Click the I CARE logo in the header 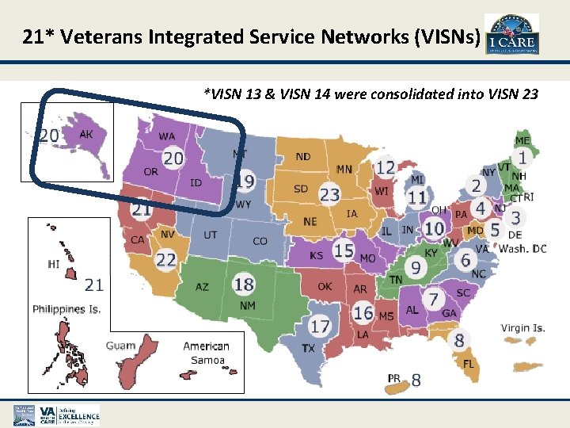[x=511, y=35]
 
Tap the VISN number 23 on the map [x=329, y=194]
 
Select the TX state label [x=309, y=348]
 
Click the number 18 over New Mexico [x=244, y=284]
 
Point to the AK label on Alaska [x=86, y=135]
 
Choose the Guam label [x=121, y=346]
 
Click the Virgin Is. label [x=522, y=328]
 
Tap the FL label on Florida [x=469, y=364]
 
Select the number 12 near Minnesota [x=385, y=168]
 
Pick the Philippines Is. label [x=66, y=309]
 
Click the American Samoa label [x=206, y=353]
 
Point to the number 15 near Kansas [x=343, y=250]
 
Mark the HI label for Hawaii [x=54, y=264]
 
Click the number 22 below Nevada [x=166, y=260]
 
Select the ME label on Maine [x=522, y=140]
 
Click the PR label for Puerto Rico [x=394, y=379]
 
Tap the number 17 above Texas [x=319, y=325]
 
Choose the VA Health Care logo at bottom [x=56, y=415]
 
